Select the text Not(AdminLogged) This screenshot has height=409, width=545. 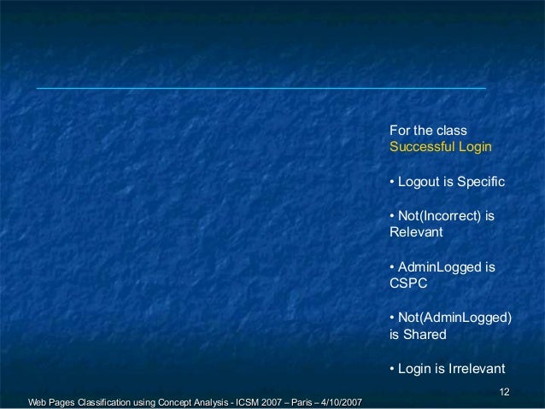point(454,318)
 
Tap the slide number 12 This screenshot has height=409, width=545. point(504,391)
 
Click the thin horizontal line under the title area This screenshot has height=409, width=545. point(261,88)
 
